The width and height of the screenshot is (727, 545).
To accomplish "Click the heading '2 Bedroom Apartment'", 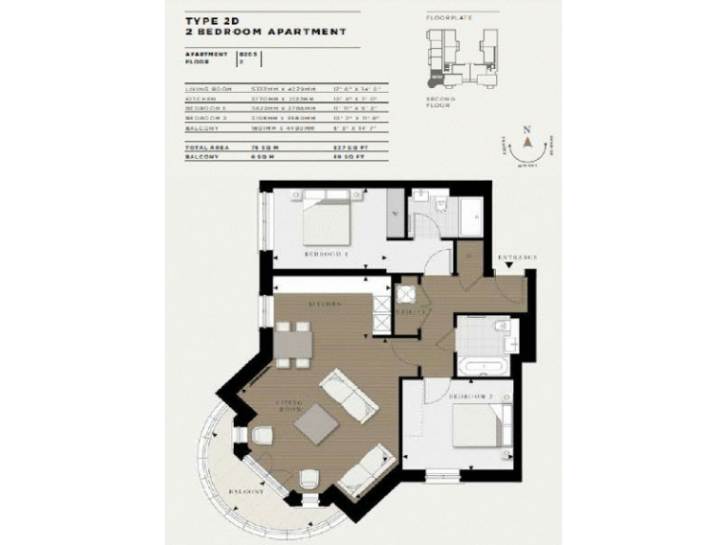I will coord(266,31).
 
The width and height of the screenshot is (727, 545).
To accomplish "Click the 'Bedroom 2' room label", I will coord(470,395).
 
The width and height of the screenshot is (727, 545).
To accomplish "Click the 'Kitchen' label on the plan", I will coord(323,304).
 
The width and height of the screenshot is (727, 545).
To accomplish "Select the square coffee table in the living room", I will coord(314,423).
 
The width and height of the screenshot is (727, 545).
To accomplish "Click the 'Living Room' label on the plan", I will coord(289,407).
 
